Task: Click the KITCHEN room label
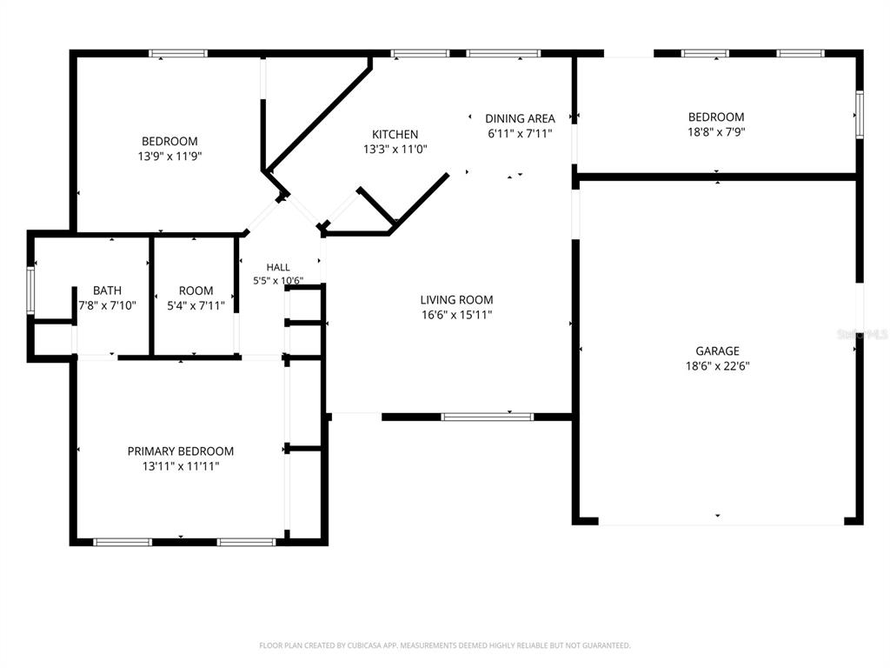pyautogui.click(x=395, y=135)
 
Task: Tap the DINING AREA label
pyautogui.click(x=520, y=118)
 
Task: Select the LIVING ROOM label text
pyautogui.click(x=456, y=300)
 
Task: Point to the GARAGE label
pyautogui.click(x=717, y=351)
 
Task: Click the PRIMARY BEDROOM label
pyautogui.click(x=181, y=451)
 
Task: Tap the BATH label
pyautogui.click(x=107, y=291)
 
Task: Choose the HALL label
pyautogui.click(x=278, y=268)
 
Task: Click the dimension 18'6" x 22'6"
pyautogui.click(x=717, y=366)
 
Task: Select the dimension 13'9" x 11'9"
pyautogui.click(x=169, y=157)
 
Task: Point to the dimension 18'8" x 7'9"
pyautogui.click(x=716, y=132)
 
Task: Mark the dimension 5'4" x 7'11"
pyautogui.click(x=196, y=306)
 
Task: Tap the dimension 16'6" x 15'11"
pyautogui.click(x=456, y=315)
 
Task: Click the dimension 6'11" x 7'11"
pyautogui.click(x=520, y=134)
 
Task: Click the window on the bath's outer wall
pyautogui.click(x=30, y=291)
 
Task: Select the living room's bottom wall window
pyautogui.click(x=487, y=417)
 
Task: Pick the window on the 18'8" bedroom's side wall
pyautogui.click(x=860, y=115)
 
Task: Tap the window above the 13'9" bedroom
pyautogui.click(x=178, y=54)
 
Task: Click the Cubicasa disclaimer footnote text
pyautogui.click(x=444, y=645)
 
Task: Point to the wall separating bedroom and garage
pyautogui.click(x=716, y=177)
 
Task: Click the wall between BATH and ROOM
pyautogui.click(x=151, y=296)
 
